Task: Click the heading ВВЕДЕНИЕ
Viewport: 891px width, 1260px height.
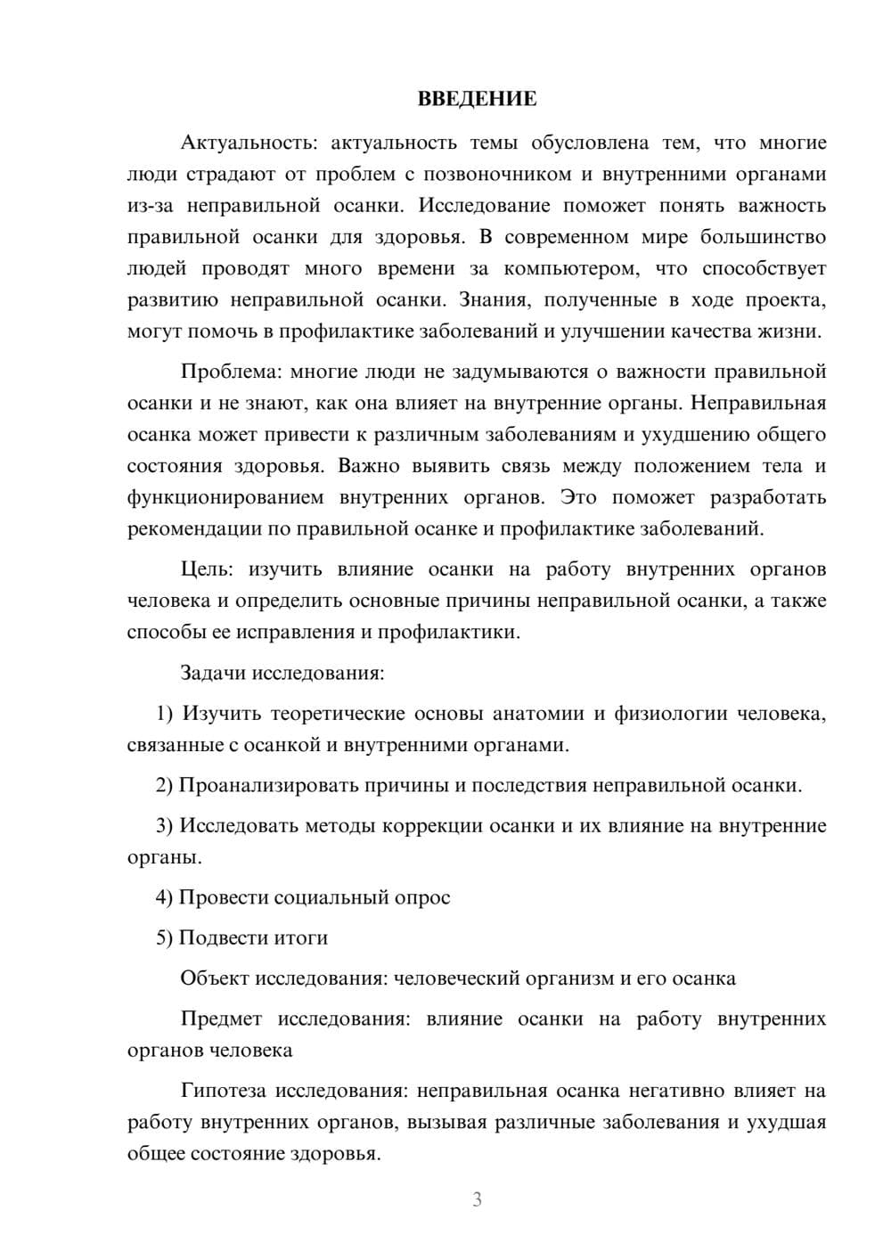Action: click(x=477, y=99)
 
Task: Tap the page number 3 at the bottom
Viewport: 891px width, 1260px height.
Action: click(x=477, y=1199)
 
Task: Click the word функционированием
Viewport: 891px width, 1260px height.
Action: click(x=225, y=497)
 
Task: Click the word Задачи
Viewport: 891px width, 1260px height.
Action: click(x=214, y=673)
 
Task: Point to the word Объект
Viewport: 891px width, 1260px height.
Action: click(x=215, y=978)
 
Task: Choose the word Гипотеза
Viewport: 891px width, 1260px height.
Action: click(x=225, y=1091)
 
